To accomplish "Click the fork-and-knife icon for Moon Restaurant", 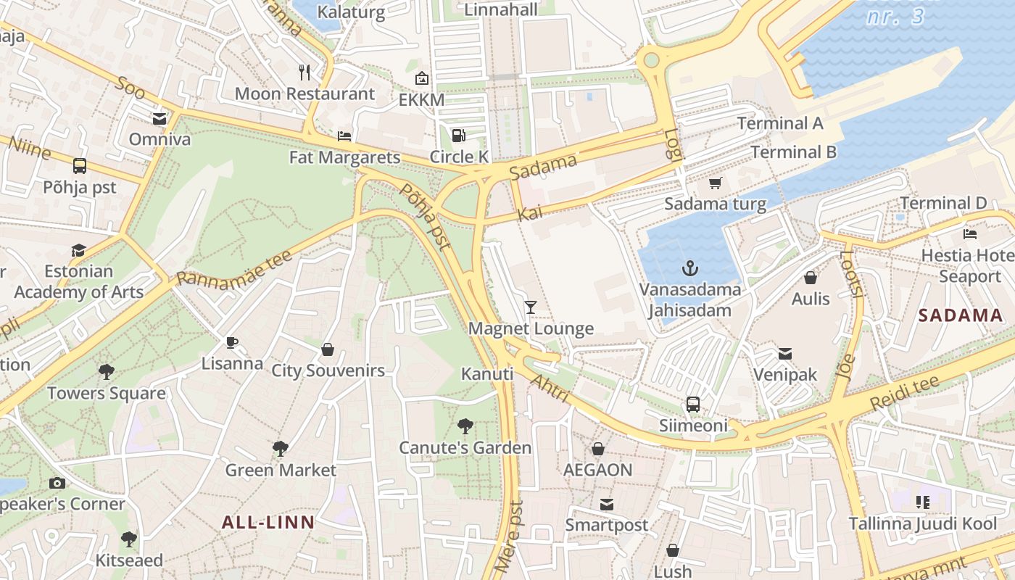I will click(x=304, y=72).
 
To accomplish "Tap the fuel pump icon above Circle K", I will click(x=458, y=136).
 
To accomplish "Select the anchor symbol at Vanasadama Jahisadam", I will click(x=690, y=269).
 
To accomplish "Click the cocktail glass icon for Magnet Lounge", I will click(x=531, y=307).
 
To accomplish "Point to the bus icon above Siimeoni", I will click(x=693, y=405).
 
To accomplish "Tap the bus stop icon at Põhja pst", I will click(x=80, y=166).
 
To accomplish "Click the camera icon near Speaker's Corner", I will click(x=57, y=483).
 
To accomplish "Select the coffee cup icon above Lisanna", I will click(x=232, y=342).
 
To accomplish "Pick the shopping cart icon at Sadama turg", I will click(x=716, y=183).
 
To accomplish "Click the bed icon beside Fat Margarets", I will click(x=345, y=136).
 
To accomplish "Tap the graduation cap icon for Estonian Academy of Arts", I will click(x=78, y=251).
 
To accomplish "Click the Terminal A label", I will click(x=780, y=123).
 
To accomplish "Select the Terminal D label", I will click(x=943, y=203).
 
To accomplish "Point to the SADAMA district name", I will click(x=961, y=315).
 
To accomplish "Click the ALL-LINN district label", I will click(x=268, y=523).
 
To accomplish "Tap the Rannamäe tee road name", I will click(x=234, y=267).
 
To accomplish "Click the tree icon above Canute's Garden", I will click(x=465, y=426).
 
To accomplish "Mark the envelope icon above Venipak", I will click(x=784, y=354).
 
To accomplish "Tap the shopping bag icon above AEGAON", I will click(x=598, y=449).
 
